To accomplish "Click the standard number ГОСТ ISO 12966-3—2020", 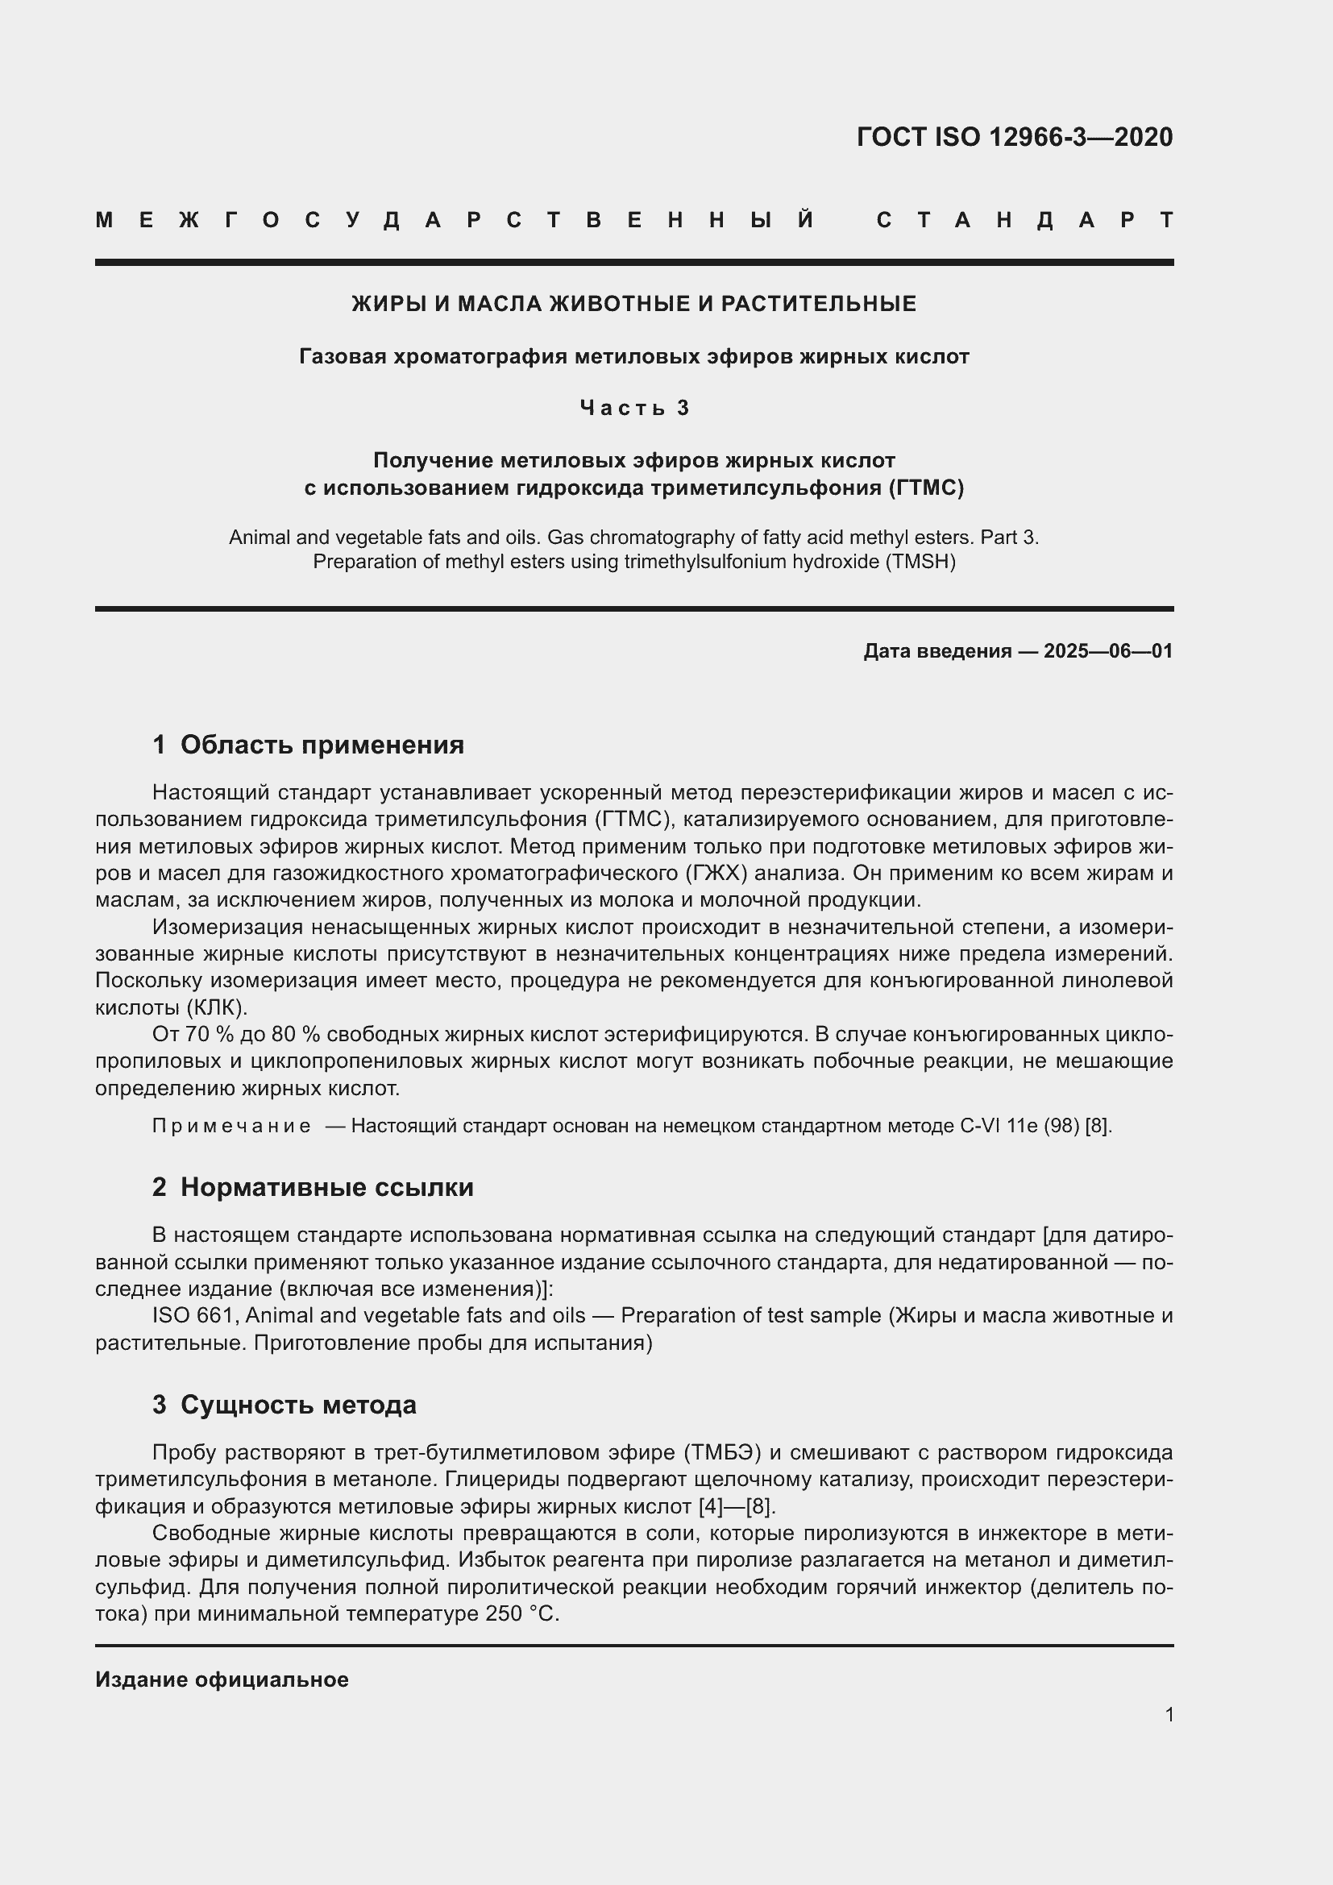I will click(x=1015, y=137).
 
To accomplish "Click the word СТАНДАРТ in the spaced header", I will click(x=1024, y=221).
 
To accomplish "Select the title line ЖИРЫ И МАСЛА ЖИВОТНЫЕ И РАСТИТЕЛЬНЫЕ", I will click(x=633, y=304).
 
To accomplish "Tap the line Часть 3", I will click(x=633, y=408).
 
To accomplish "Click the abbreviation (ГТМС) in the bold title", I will click(x=926, y=488).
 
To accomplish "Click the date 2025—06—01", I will click(x=1107, y=651).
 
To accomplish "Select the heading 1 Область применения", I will click(x=308, y=745).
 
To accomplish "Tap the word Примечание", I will click(x=231, y=1126).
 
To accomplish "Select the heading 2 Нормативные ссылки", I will click(x=313, y=1187).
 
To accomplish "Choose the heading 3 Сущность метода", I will click(x=284, y=1405).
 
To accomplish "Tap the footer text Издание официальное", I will click(x=222, y=1679).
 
